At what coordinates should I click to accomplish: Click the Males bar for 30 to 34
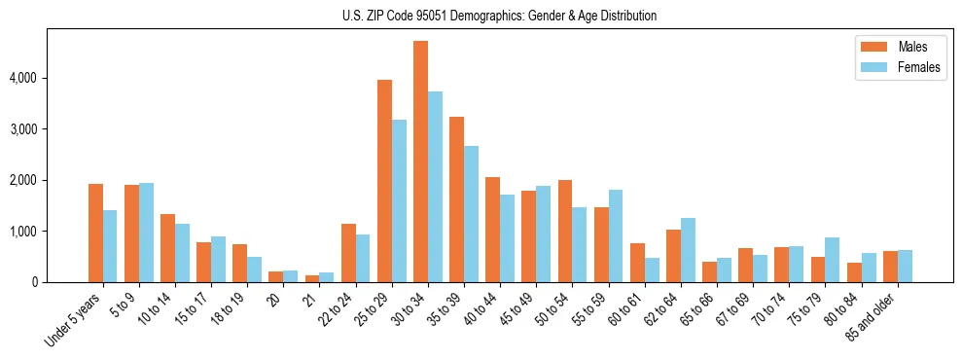click(420, 162)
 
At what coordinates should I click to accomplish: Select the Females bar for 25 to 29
click(399, 201)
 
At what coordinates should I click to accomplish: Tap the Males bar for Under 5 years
click(95, 234)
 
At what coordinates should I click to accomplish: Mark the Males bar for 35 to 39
click(456, 199)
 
